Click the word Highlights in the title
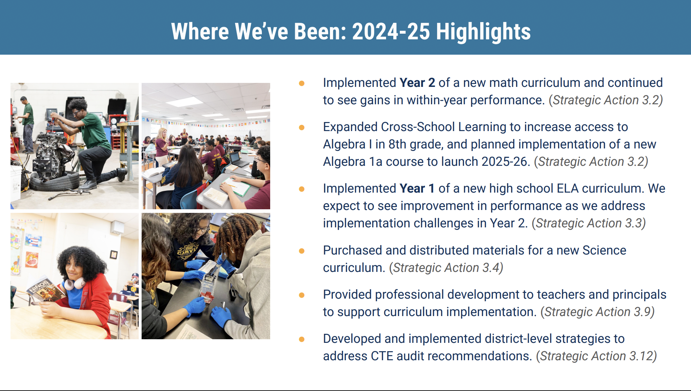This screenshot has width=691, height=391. (483, 32)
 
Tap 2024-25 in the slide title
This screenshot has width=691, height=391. (391, 31)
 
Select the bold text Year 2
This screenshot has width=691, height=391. (417, 83)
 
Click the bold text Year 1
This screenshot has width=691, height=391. (417, 188)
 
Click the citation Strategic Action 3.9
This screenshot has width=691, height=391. (598, 312)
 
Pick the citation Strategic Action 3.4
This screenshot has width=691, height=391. (446, 268)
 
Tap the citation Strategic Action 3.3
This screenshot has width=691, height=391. (589, 223)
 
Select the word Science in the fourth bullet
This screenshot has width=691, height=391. (604, 250)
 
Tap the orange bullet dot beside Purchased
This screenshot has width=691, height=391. (302, 251)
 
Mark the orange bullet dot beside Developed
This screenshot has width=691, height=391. (302, 339)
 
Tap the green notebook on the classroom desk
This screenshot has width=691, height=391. (237, 186)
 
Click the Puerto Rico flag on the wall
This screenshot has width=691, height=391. (34, 240)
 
